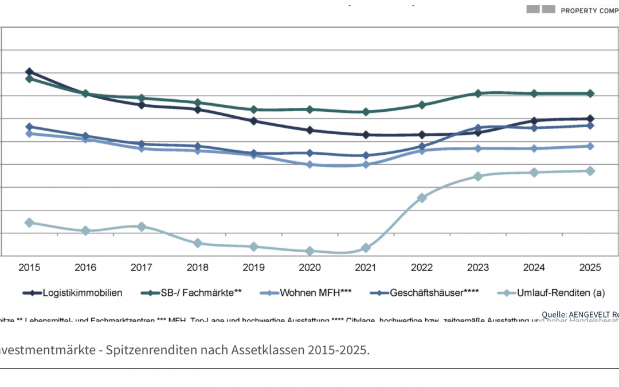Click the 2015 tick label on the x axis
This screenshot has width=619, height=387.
click(29, 267)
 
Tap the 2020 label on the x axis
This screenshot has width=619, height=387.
click(309, 267)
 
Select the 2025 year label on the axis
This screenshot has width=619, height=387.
click(590, 267)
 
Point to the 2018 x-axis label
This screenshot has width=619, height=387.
click(197, 267)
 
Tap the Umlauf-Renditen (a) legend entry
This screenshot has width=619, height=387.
click(555, 293)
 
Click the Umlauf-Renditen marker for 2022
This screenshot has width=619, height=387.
click(422, 198)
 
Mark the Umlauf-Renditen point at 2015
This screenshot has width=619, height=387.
click(29, 222)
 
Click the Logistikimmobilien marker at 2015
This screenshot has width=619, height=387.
click(29, 72)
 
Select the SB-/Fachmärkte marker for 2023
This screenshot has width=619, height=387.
click(478, 93)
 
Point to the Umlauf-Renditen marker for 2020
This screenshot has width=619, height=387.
click(309, 251)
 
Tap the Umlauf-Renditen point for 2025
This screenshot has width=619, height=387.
click(590, 171)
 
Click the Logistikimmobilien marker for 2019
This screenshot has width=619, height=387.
click(253, 121)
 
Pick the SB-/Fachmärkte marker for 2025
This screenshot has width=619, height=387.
click(590, 93)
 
